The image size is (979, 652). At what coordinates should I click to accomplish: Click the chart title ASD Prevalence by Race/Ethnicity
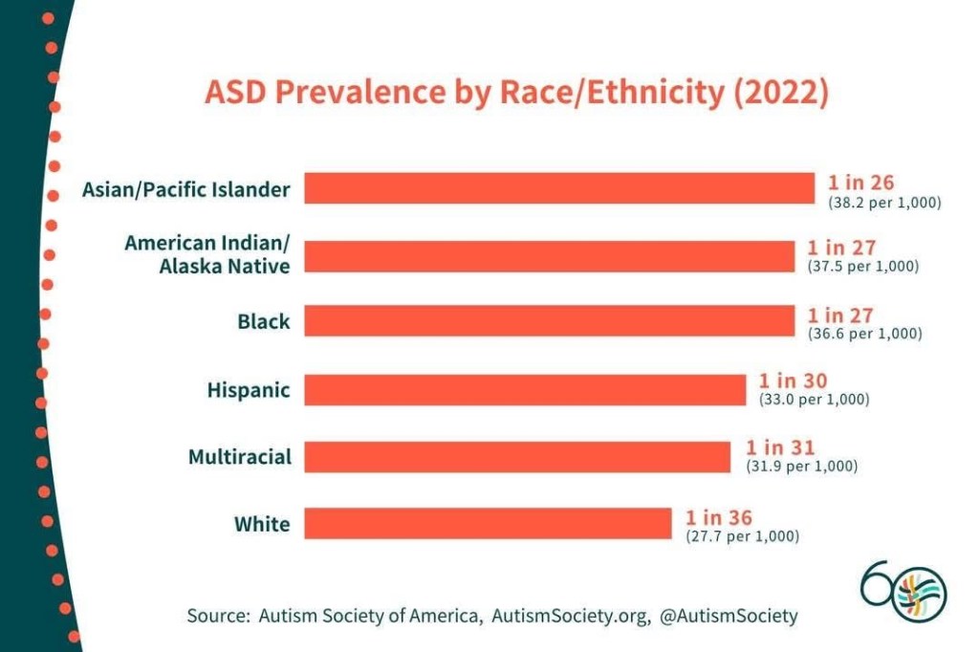(516, 94)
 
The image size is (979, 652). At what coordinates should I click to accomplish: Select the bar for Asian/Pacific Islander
(559, 188)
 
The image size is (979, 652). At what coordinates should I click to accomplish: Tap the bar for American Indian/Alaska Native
(549, 255)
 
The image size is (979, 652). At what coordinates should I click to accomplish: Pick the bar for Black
(549, 322)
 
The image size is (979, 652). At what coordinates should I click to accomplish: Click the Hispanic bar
(525, 389)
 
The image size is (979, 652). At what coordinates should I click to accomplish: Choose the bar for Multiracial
(517, 456)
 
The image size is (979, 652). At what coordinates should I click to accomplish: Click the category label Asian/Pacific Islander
(185, 189)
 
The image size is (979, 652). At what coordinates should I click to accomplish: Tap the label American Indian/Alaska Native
(207, 254)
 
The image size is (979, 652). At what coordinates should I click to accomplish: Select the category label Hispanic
(249, 390)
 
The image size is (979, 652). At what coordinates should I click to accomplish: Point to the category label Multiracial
(239, 457)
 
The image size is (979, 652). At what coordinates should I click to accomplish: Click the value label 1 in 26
(860, 184)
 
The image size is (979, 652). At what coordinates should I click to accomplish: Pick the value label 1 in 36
(719, 518)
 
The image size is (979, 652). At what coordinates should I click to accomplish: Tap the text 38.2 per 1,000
(884, 203)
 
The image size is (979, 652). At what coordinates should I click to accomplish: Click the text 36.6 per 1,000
(864, 335)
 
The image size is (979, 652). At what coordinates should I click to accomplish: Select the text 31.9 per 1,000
(801, 467)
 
